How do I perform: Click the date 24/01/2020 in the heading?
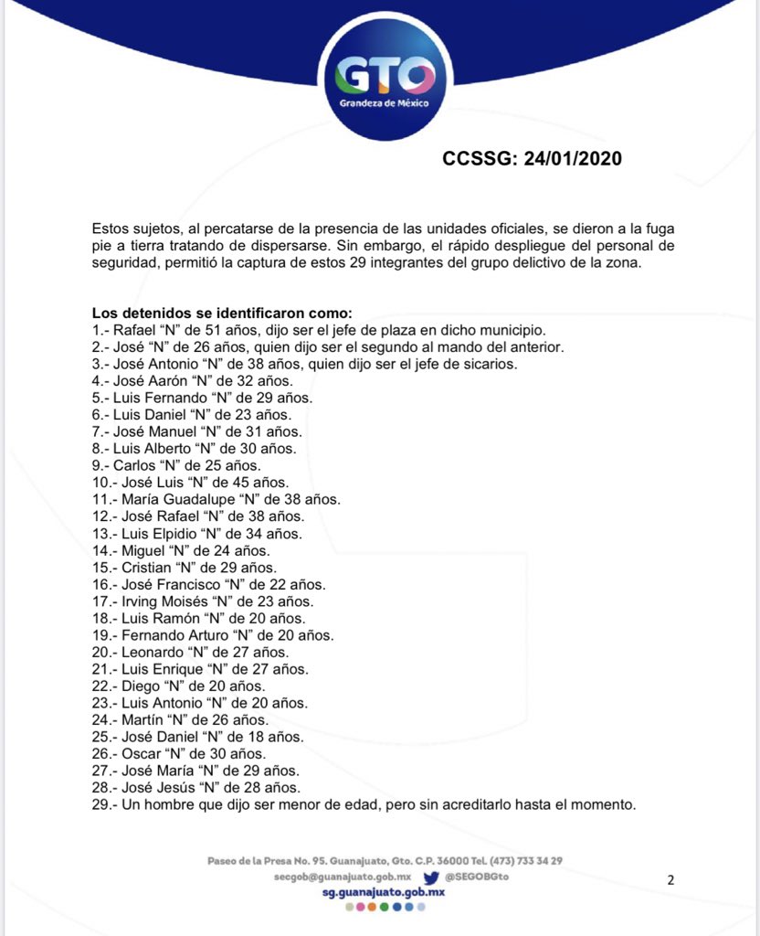click(x=572, y=159)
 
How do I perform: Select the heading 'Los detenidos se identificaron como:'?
click(x=215, y=313)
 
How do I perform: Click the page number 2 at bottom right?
click(x=670, y=880)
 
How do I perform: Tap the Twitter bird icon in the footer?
click(x=431, y=877)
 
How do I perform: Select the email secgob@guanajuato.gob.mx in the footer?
click(x=342, y=877)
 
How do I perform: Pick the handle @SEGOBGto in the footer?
click(x=477, y=877)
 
